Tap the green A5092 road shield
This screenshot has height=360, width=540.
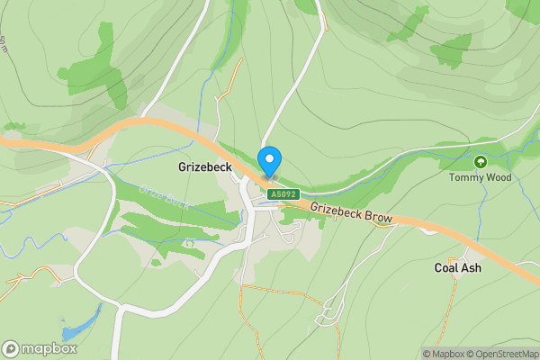[283, 193]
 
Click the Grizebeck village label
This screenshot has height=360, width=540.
[205, 166]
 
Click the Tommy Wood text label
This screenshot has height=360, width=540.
[481, 177]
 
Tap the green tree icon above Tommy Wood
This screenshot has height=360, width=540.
[481, 162]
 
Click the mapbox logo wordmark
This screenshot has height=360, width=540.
[48, 349]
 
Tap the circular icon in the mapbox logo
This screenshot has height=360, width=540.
[11, 349]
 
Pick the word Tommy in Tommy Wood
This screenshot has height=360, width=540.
[465, 177]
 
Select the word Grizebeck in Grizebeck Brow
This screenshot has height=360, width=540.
[337, 211]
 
